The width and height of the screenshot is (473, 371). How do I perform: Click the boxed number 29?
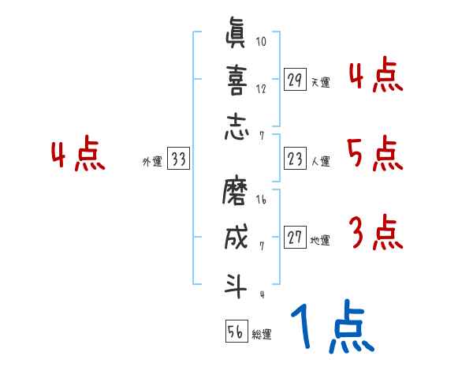point(295,79)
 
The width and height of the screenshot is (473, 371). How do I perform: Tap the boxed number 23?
point(295,158)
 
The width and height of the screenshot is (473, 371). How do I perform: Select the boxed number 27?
point(295,238)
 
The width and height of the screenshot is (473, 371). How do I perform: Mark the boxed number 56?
point(235,332)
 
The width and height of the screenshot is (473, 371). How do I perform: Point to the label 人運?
point(320,161)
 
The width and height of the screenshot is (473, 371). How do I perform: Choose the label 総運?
point(262,335)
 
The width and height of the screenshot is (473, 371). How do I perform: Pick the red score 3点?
point(375,233)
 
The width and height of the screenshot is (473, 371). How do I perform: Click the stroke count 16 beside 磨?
point(261,200)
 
